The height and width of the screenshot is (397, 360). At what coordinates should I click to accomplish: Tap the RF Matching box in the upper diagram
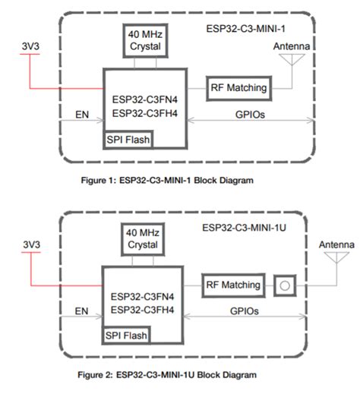coord(238,88)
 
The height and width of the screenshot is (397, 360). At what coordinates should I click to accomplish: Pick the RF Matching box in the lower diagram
coord(233,285)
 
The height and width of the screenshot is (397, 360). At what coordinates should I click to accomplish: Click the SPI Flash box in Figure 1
coord(128,140)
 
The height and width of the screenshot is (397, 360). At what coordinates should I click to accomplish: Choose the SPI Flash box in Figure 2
coord(127,335)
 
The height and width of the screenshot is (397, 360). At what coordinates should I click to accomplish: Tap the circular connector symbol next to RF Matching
coord(283,285)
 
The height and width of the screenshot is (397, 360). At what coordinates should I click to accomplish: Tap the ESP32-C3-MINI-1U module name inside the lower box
coord(243,227)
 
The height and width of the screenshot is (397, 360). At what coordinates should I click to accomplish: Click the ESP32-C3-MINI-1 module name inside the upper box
coord(244,30)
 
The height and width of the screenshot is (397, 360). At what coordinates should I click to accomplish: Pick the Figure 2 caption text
coord(170,375)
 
